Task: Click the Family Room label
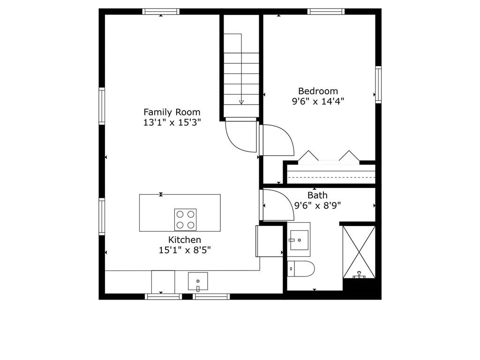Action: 172,112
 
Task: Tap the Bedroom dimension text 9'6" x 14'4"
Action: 318,101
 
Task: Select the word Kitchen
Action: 185,240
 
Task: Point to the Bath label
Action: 317,195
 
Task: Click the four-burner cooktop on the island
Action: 186,219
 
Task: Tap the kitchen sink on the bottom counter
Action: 198,281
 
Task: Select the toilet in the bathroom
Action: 301,269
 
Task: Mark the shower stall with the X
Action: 359,252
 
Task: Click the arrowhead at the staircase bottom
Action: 241,102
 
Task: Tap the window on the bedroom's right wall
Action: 378,85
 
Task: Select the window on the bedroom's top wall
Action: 326,12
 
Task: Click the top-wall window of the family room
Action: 161,12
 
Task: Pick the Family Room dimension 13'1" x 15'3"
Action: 172,123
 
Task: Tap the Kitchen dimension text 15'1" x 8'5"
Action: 185,250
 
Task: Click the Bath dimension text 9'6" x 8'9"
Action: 317,205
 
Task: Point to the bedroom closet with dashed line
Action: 331,174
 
